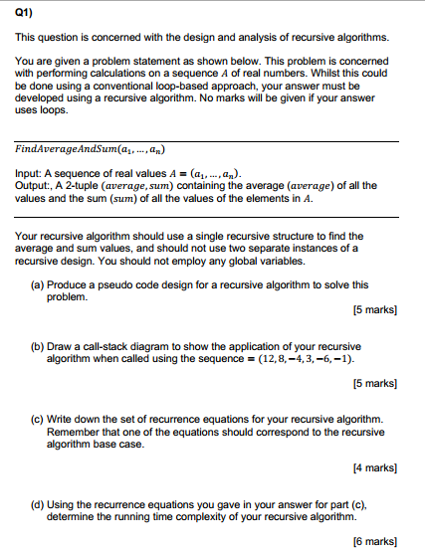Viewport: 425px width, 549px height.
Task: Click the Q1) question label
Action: pos(23,16)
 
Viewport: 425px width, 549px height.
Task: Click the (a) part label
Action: pos(39,284)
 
